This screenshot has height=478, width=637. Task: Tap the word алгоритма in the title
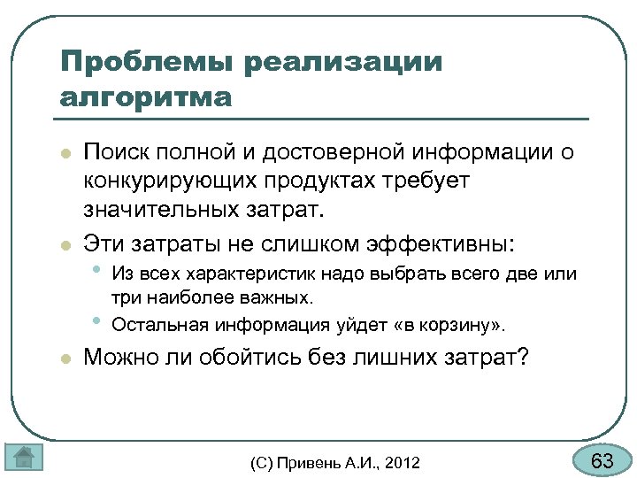coord(145,96)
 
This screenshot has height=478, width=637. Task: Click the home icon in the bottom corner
coord(24,457)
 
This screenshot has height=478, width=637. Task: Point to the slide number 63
coord(602,461)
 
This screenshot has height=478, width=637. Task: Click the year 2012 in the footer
coord(403,463)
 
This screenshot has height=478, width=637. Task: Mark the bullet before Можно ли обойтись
coord(65,358)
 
